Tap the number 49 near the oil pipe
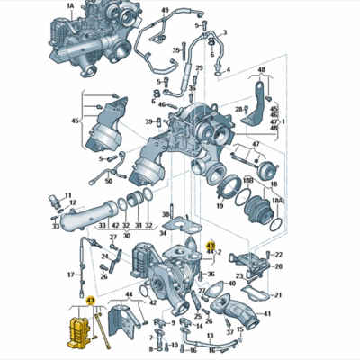[165, 10]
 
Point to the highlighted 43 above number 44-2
[211, 245]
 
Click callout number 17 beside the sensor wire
[70, 273]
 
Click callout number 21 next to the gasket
[278, 294]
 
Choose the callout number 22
[278, 255]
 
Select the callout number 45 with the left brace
[76, 121]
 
